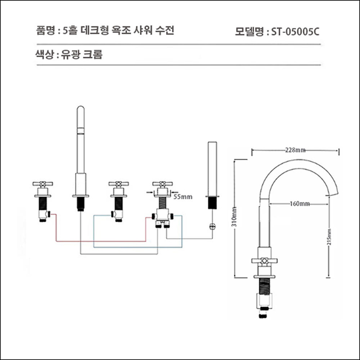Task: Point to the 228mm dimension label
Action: point(295,150)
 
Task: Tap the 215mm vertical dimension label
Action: point(330,236)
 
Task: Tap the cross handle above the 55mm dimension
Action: point(160,184)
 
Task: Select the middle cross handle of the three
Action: point(118,184)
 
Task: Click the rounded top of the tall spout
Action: point(81,110)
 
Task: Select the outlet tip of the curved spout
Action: point(334,191)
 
